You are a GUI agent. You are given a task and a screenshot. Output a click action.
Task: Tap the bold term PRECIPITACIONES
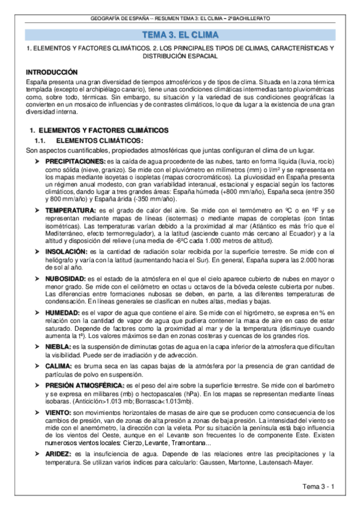[75, 162]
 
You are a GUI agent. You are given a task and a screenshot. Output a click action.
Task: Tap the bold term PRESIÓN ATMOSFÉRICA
[84, 385]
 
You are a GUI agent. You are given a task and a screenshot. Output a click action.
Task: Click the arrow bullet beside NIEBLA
[38, 348]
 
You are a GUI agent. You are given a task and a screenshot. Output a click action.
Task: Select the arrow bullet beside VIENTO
[38, 413]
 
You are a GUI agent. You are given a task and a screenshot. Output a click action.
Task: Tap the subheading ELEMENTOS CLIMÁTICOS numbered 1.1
[103, 141]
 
